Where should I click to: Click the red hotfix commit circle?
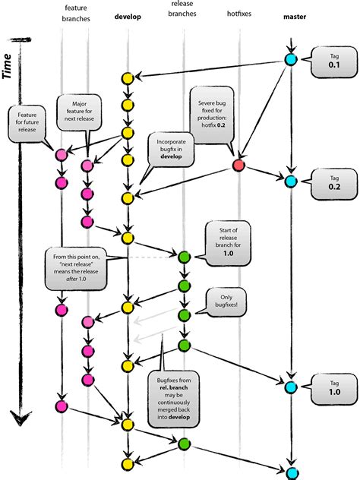click(239, 166)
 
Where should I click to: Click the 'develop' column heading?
click(127, 16)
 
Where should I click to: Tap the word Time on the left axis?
click(11, 65)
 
